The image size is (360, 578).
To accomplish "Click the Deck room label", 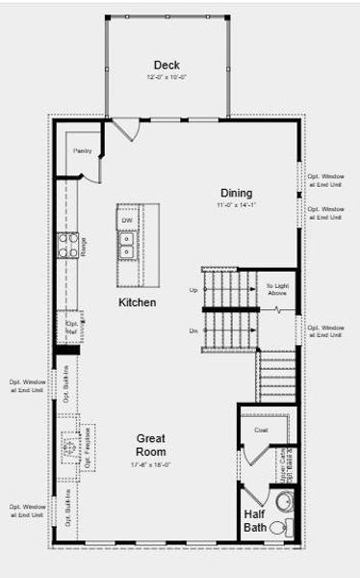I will click(166, 65).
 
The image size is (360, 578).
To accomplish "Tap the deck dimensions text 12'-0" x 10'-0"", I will click(166, 77).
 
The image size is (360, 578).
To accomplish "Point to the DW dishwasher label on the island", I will click(127, 222).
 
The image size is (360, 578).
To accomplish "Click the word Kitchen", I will click(137, 302).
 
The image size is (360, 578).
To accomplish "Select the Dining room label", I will click(236, 193).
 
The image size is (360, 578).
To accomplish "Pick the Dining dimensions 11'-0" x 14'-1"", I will click(236, 205).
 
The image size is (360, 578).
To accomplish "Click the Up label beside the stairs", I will click(193, 290).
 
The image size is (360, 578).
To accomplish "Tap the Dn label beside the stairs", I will click(193, 329).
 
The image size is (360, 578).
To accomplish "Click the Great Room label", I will click(150, 444).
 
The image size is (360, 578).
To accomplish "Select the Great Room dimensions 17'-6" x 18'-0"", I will click(150, 463).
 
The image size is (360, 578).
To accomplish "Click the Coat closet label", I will click(260, 430).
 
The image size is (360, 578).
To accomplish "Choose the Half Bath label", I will click(254, 521).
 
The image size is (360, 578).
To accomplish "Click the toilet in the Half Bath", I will click(278, 528).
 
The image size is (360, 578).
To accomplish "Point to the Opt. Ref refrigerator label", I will click(71, 328).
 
